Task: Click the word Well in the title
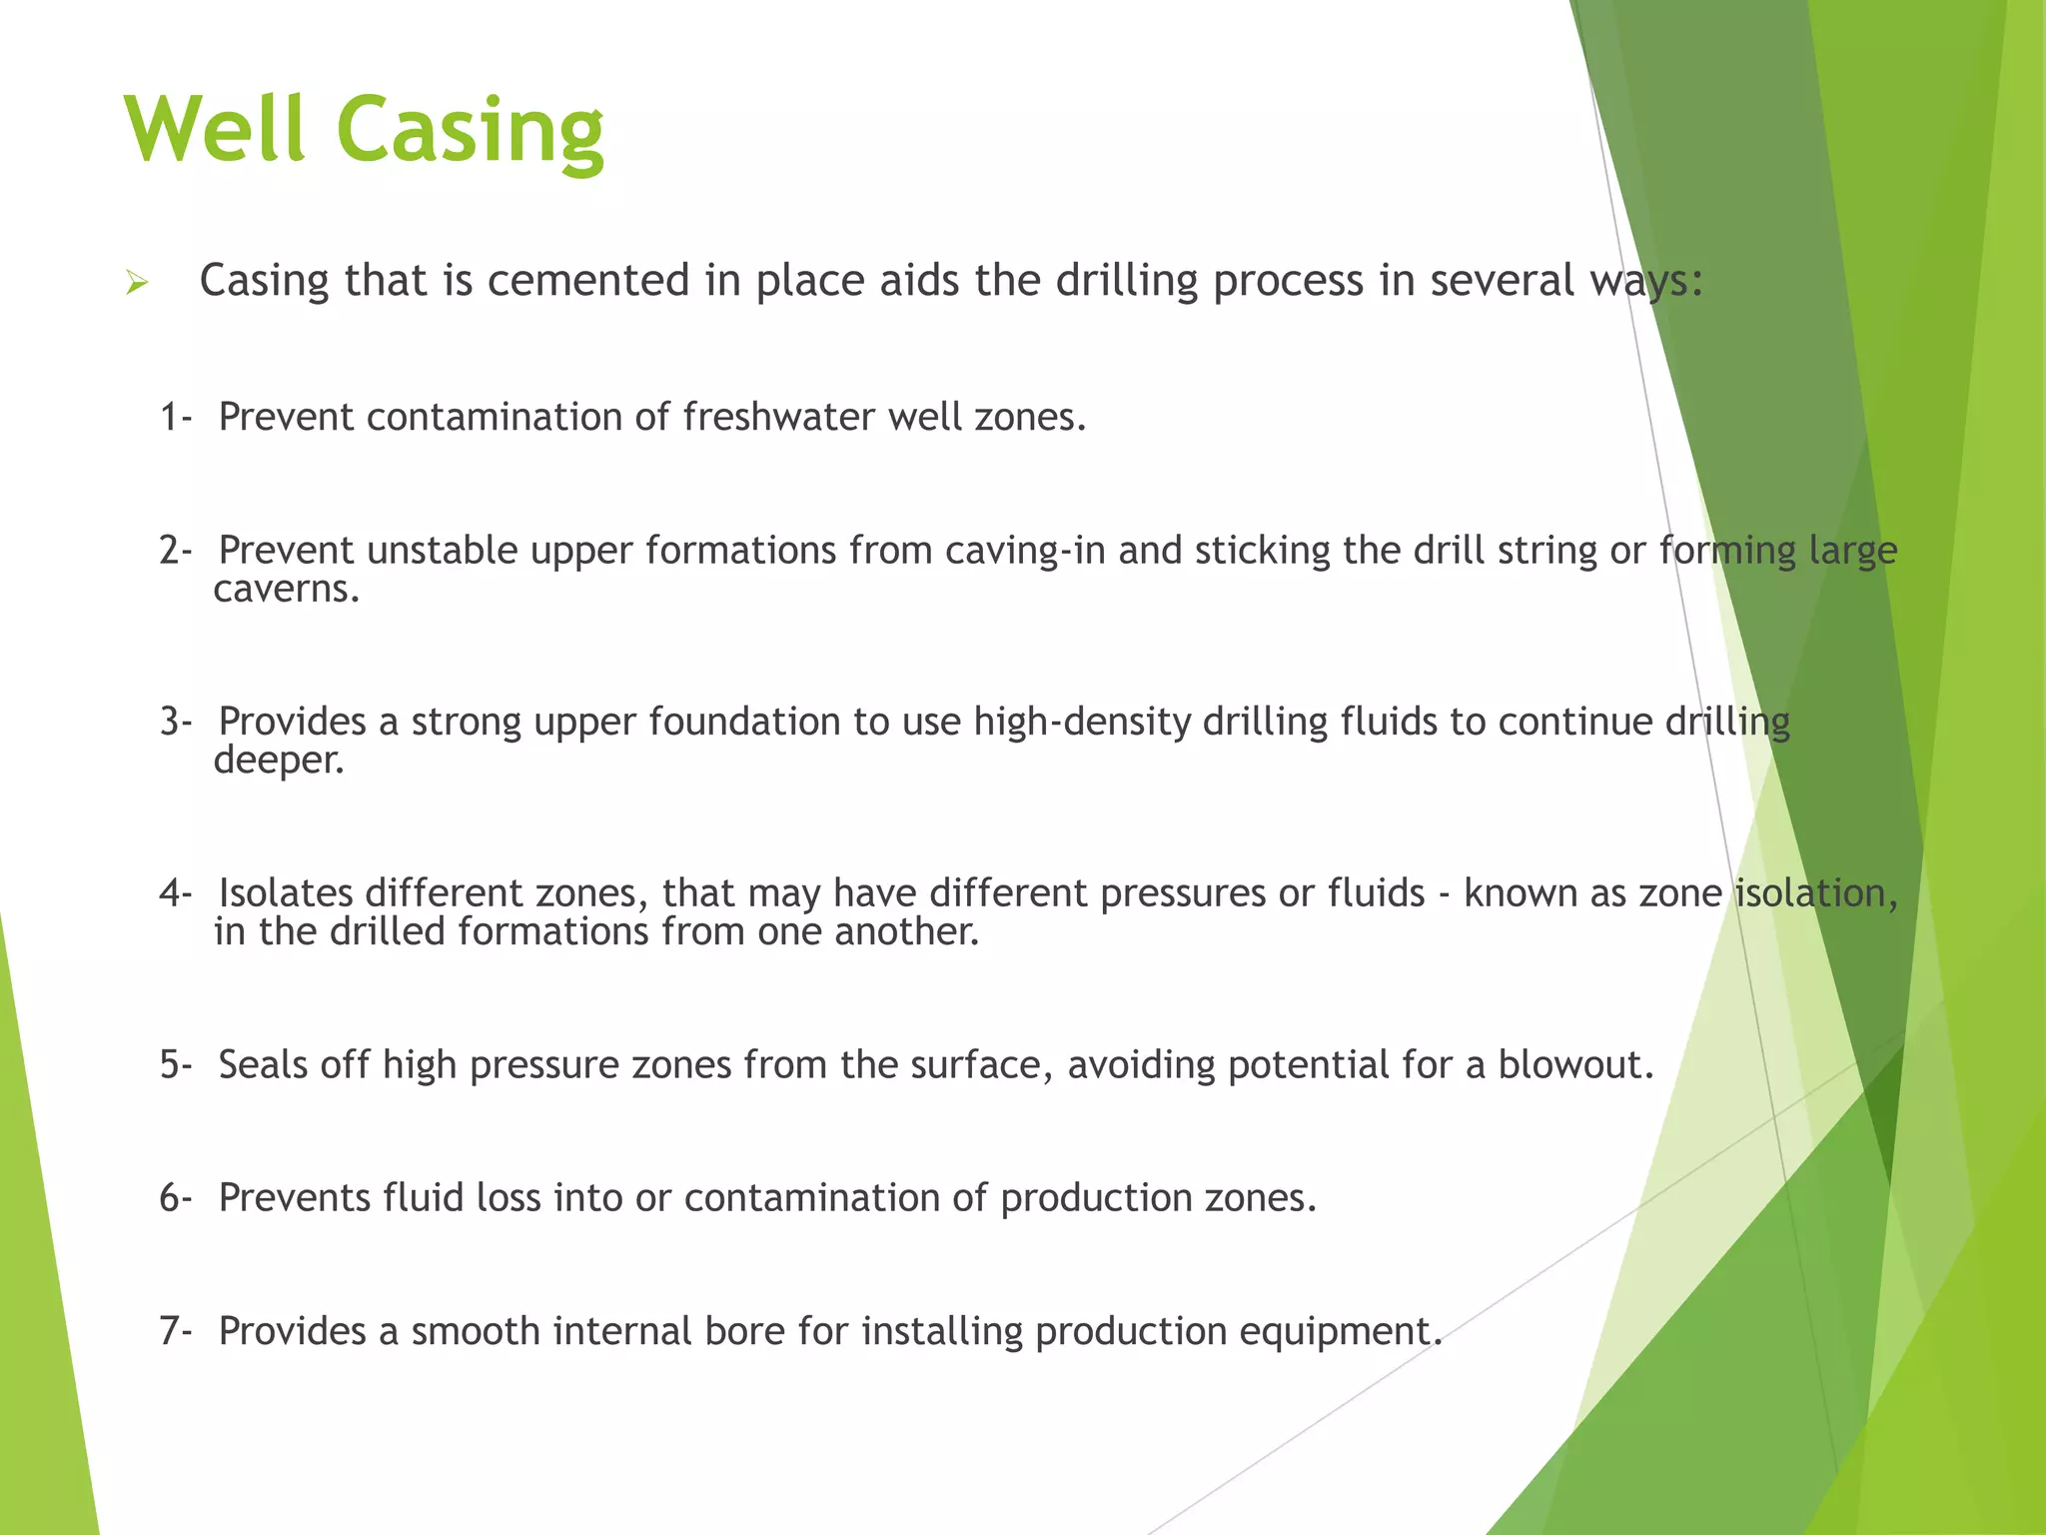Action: (215, 130)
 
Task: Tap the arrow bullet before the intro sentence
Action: (137, 284)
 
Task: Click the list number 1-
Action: (175, 417)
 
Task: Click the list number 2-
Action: (175, 551)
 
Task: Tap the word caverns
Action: (285, 589)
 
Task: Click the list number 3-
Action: (175, 722)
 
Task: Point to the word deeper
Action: (278, 761)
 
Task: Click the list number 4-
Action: (175, 892)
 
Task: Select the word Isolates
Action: (285, 892)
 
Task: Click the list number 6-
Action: (175, 1197)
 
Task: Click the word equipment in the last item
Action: (1339, 1331)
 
